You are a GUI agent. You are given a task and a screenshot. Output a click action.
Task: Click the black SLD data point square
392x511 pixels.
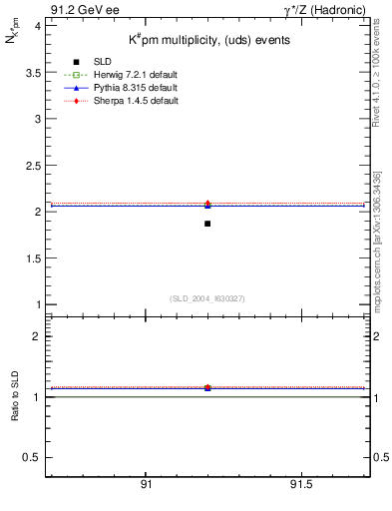tap(207, 224)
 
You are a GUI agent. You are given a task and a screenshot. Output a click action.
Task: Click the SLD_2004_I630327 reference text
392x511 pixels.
tap(206, 297)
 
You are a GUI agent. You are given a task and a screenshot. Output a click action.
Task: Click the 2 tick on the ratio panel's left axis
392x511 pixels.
tap(36, 336)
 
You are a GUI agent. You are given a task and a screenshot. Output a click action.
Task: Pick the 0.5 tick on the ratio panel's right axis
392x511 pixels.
tap(379, 457)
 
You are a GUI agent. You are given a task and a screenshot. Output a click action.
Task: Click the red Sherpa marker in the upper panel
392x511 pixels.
tap(207, 204)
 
